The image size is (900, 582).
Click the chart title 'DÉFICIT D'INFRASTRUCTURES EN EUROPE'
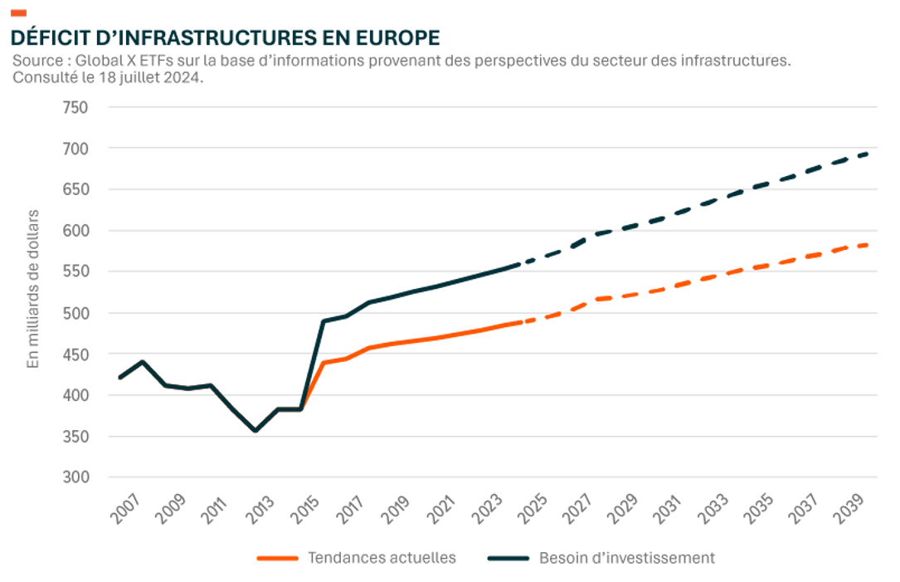(x=224, y=37)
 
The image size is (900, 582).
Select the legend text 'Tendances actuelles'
(x=382, y=558)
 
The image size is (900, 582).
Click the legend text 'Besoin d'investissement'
(x=626, y=558)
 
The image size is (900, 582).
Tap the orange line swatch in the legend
(x=277, y=558)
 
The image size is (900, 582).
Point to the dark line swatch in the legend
(x=508, y=558)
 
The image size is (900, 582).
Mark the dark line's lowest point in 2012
(x=255, y=431)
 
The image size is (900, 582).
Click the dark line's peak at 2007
(x=143, y=362)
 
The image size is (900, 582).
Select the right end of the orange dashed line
(x=868, y=245)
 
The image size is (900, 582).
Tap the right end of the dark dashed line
(x=868, y=153)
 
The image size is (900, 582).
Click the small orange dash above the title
(x=18, y=12)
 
